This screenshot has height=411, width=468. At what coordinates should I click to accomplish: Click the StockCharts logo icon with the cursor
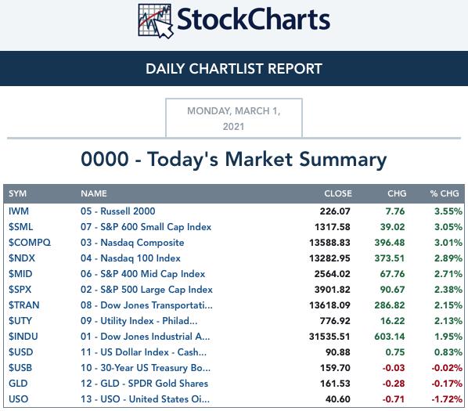(156, 21)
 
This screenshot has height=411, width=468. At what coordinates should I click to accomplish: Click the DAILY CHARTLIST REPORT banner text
(234, 69)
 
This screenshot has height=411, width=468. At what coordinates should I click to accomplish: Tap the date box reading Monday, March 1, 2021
(234, 118)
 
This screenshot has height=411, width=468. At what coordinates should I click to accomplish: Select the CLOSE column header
(338, 193)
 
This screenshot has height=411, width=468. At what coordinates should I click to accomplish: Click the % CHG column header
(445, 193)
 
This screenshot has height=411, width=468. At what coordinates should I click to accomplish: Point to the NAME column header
(94, 193)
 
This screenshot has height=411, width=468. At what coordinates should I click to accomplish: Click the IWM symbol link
(19, 211)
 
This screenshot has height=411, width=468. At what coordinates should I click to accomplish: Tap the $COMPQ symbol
(30, 243)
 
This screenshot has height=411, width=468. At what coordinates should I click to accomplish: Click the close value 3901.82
(332, 290)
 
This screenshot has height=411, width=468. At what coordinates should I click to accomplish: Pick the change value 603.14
(390, 337)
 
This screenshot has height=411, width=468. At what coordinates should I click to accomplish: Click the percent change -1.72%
(447, 399)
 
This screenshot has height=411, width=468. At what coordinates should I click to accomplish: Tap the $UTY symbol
(20, 321)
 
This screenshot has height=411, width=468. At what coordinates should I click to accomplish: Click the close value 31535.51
(329, 337)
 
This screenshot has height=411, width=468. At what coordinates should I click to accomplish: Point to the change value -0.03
(394, 368)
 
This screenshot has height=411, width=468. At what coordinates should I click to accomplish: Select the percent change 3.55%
(448, 211)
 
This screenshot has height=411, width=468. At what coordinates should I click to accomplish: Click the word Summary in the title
(343, 160)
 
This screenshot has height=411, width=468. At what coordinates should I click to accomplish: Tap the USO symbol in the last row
(19, 399)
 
